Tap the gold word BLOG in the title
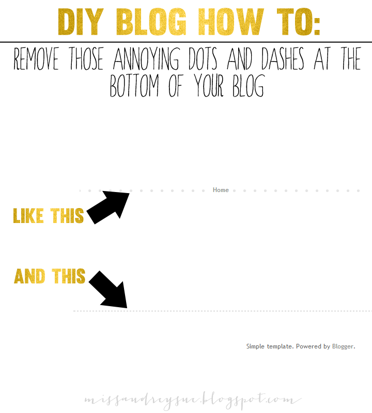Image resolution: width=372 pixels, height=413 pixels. (151, 22)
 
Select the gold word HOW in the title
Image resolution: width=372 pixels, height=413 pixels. (231, 22)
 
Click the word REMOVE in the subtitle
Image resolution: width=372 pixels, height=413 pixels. (36, 58)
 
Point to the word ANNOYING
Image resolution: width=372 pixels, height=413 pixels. (146, 58)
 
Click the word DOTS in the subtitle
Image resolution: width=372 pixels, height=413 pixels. (203, 58)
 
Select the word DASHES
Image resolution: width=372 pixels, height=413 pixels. (283, 58)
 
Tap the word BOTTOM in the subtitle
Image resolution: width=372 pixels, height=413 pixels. (134, 85)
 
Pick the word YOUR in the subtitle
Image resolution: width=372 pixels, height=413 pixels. (209, 85)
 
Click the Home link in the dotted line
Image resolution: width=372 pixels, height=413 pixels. (221, 190)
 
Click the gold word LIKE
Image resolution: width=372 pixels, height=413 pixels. (28, 216)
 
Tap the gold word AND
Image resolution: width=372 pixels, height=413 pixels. (29, 276)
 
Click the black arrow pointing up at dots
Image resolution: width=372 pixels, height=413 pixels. (108, 208)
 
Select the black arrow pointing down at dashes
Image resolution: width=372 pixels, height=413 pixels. (108, 289)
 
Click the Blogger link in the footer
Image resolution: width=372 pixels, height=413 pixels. (343, 346)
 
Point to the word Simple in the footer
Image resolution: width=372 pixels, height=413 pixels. (255, 346)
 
